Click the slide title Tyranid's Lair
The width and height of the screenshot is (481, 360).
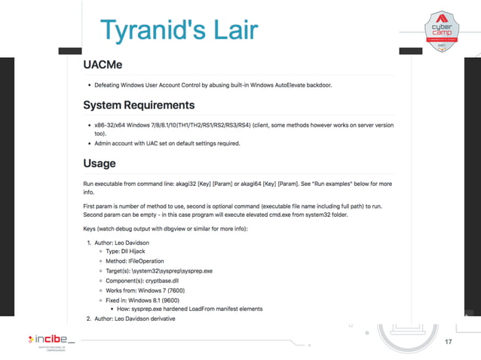pos(179,30)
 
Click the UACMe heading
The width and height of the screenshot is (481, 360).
pos(106,66)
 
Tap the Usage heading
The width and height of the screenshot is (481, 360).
pos(100,163)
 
